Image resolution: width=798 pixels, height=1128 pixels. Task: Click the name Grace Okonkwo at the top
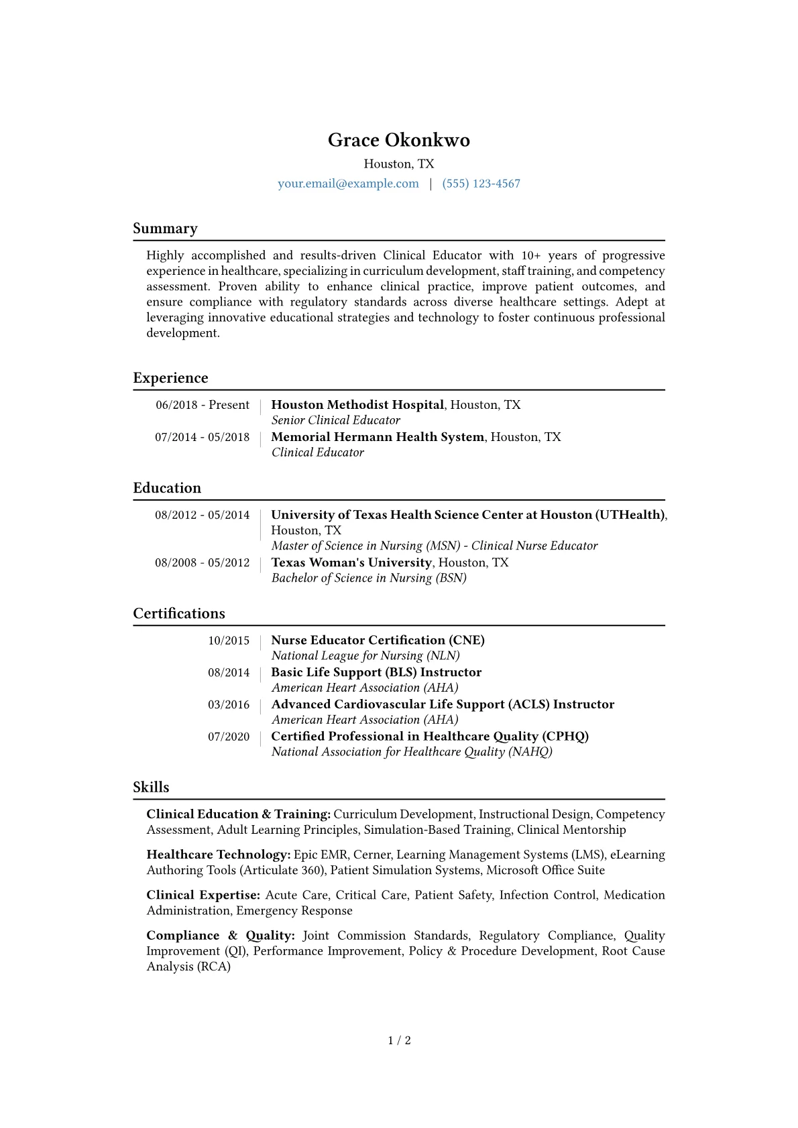[398, 140]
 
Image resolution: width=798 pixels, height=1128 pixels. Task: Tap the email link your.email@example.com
[348, 184]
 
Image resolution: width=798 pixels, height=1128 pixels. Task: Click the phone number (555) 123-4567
[481, 184]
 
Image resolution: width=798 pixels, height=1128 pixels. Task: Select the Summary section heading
[165, 229]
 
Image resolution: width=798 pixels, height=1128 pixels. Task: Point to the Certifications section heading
[178, 613]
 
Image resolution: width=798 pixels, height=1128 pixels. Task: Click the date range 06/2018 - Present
[202, 405]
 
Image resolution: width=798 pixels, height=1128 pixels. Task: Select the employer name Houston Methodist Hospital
[357, 405]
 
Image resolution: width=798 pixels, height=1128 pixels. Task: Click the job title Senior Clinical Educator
[335, 420]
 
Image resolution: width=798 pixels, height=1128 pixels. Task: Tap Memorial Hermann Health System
[377, 437]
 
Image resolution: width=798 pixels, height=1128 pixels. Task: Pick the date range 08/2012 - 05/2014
[202, 515]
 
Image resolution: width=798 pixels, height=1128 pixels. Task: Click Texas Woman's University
[351, 562]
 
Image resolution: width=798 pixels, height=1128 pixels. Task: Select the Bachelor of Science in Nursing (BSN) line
[368, 578]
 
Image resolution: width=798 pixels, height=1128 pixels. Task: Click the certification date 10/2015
[228, 641]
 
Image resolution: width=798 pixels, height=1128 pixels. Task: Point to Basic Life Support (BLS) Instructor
[376, 672]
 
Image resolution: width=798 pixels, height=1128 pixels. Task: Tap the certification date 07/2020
[228, 737]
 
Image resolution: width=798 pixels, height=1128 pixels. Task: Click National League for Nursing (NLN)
[365, 655]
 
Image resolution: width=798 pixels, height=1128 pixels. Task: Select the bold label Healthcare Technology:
[218, 855]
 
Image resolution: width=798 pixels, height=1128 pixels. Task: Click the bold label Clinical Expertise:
[203, 895]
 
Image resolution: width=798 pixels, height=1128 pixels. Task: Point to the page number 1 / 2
[399, 1040]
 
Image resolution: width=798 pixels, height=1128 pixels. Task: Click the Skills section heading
[151, 787]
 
